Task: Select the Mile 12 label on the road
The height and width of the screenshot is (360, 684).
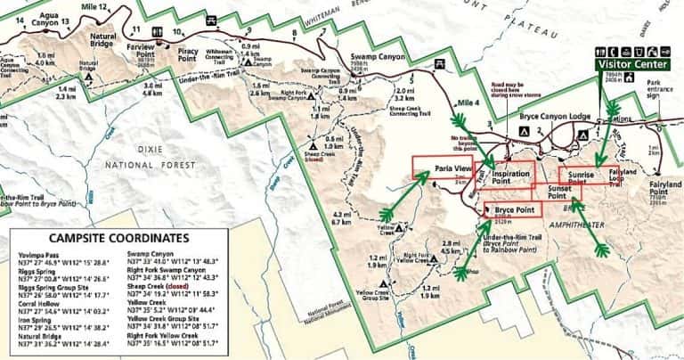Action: (x=94, y=6)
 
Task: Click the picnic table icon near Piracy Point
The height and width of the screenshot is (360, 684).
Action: (x=212, y=20)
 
